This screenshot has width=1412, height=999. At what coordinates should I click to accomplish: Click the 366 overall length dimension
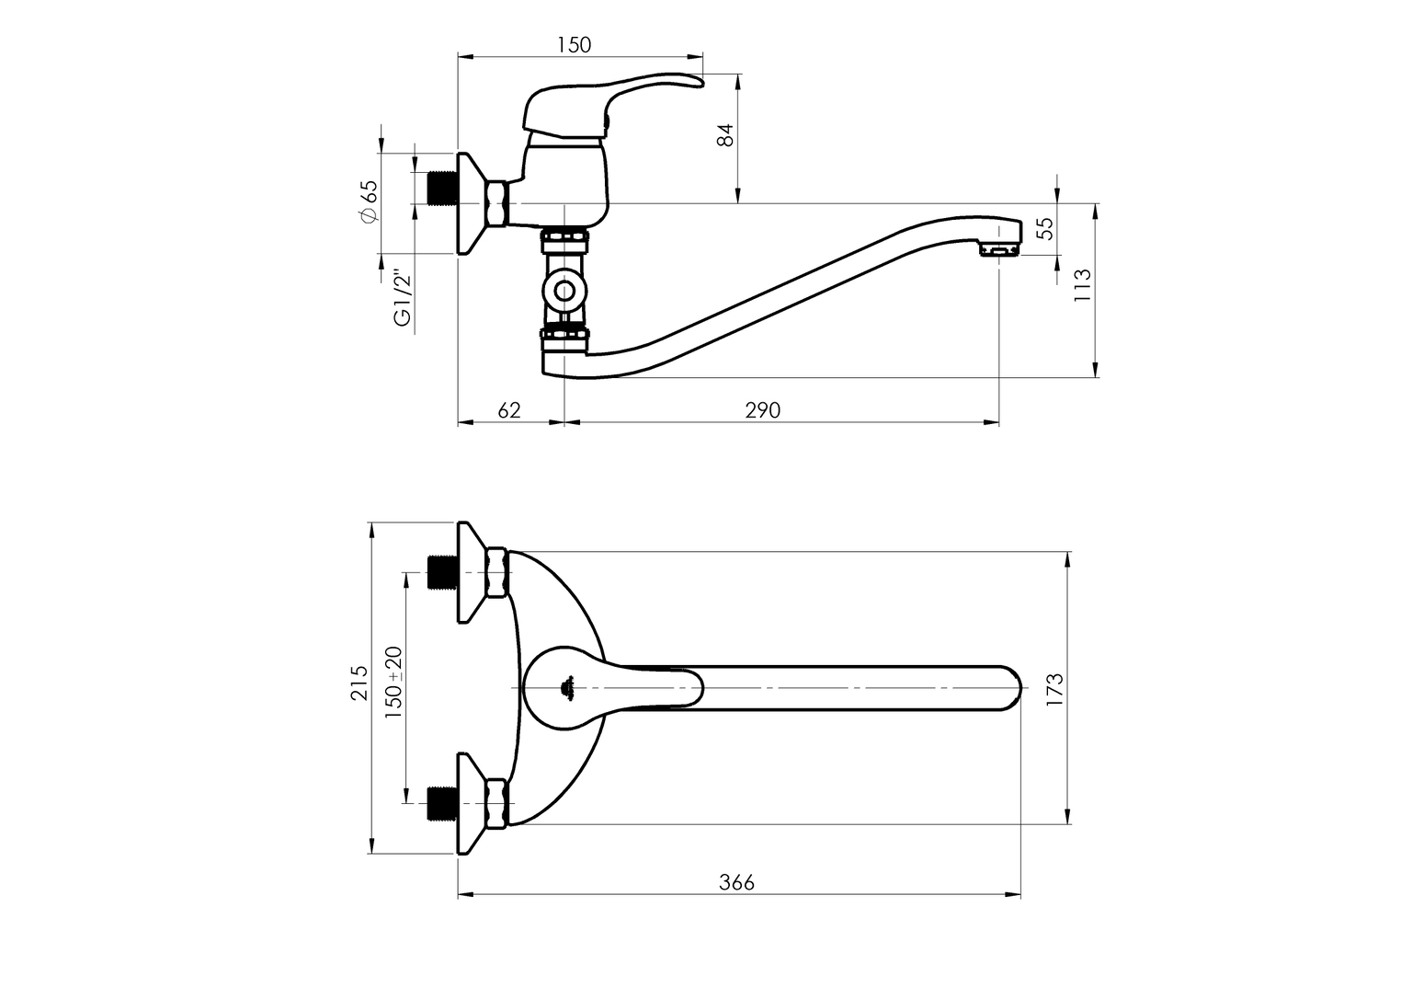point(736,882)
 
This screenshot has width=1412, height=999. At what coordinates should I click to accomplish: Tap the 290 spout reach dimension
point(763,410)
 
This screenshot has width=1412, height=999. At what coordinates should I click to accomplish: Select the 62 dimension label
point(509,410)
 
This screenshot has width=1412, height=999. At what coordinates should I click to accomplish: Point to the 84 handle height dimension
point(726,135)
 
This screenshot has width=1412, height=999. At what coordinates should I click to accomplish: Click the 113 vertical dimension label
point(1082,285)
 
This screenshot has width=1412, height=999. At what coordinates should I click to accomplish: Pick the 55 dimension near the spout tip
point(1045,228)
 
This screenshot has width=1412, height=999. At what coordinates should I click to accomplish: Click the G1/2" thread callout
point(403,299)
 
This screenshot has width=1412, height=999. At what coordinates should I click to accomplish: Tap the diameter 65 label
point(369,201)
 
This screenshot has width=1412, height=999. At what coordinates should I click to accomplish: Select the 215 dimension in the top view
point(359,683)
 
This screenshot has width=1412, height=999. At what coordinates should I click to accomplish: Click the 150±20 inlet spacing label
point(393,683)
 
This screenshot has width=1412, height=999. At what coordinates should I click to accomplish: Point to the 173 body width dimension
point(1054,689)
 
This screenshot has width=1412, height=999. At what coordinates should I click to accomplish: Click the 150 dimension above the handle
point(575,45)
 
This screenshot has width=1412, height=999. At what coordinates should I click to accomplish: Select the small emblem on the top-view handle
point(569,684)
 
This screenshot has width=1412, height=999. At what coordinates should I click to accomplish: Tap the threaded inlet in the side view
point(442,188)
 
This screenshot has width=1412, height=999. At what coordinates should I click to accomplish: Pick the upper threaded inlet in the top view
point(442,573)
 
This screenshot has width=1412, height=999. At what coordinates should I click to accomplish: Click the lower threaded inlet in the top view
point(442,803)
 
